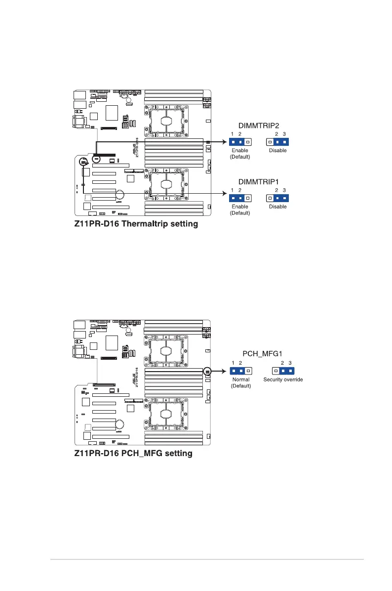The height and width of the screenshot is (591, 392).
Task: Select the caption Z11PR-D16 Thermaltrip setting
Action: click(x=136, y=224)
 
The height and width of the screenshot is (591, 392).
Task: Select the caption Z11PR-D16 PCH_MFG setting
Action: click(x=133, y=453)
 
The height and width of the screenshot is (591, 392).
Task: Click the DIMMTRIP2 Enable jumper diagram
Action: click(x=240, y=142)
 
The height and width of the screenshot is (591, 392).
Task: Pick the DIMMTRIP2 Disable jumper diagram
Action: click(x=277, y=142)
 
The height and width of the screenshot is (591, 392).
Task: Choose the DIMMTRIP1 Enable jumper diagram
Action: click(x=240, y=198)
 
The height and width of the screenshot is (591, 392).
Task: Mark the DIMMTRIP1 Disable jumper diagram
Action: click(x=277, y=198)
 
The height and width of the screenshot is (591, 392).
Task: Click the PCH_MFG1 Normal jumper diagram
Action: click(x=240, y=371)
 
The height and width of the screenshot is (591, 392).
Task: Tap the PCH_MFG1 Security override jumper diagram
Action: click(x=283, y=371)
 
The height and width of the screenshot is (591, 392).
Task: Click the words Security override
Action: click(x=283, y=380)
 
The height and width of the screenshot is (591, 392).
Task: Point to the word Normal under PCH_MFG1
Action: click(x=240, y=380)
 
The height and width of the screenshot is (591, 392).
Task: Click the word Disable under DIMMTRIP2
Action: click(x=277, y=150)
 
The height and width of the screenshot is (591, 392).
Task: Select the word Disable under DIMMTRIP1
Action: click(x=277, y=207)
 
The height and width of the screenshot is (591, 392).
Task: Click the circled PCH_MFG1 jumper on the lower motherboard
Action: click(x=207, y=371)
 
